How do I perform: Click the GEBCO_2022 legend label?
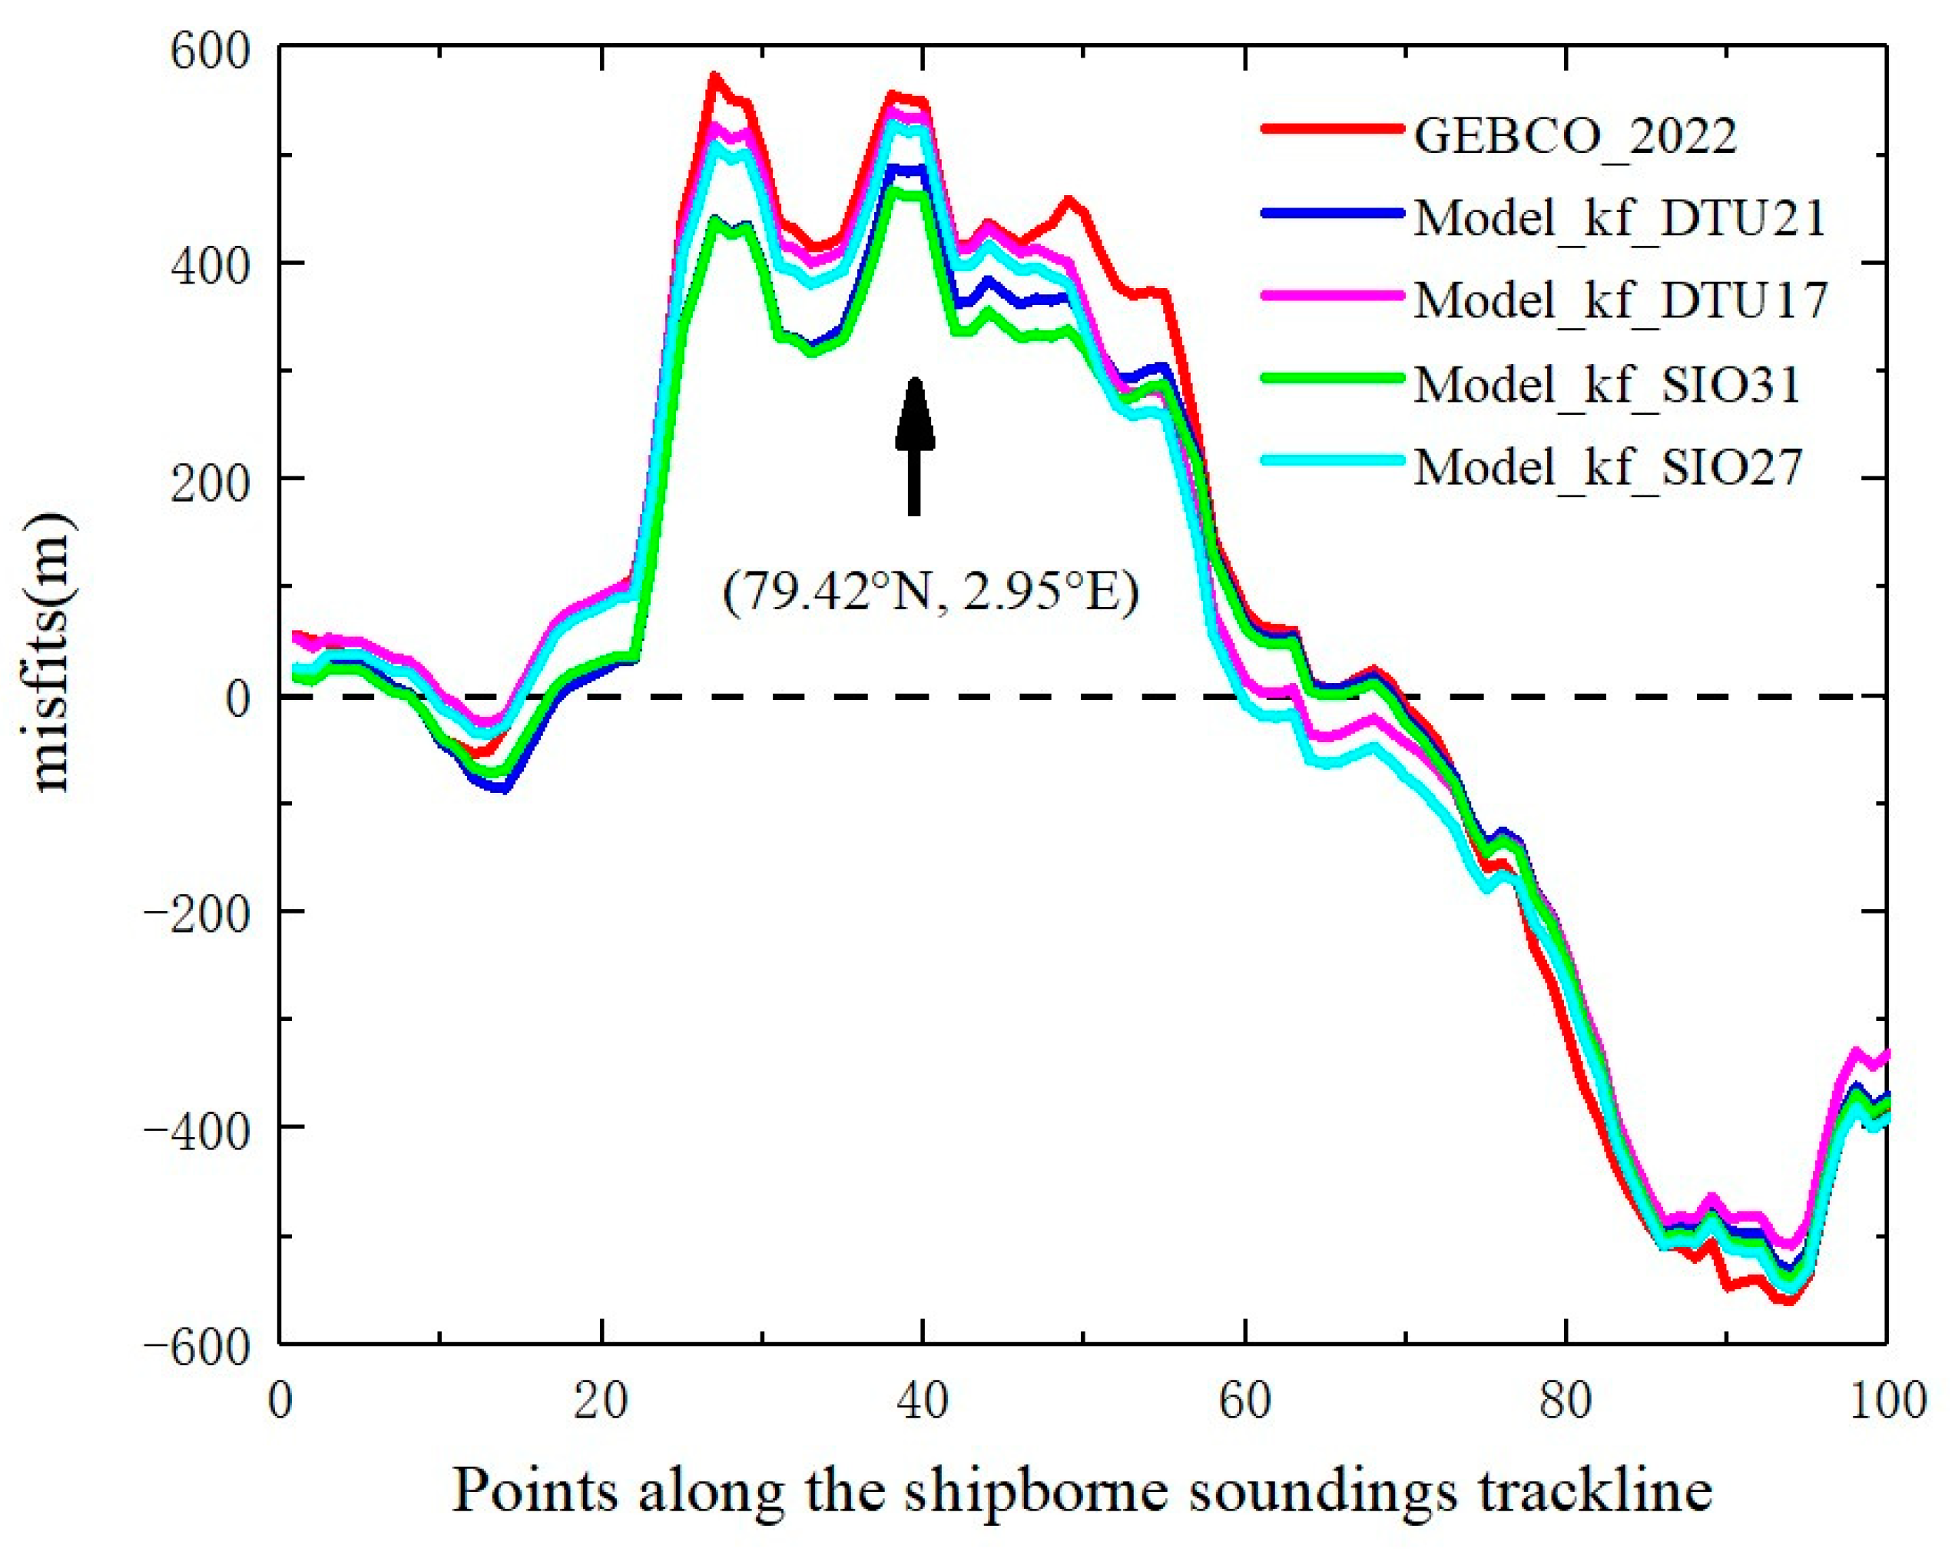[1575, 136]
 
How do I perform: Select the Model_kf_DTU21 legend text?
[1619, 217]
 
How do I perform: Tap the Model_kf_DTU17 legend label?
[1619, 300]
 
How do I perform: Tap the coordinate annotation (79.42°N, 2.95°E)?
[930, 594]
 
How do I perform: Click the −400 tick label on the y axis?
[197, 1126]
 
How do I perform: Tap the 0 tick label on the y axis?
[237, 696]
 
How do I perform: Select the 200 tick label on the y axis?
[210, 479]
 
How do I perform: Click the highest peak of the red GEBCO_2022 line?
[714, 76]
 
